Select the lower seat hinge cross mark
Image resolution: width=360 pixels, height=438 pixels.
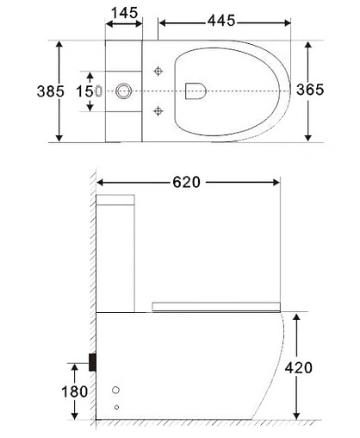(x=158, y=109)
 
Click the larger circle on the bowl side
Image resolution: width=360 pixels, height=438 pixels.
(x=120, y=388)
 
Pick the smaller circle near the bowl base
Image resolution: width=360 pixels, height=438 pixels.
(x=117, y=406)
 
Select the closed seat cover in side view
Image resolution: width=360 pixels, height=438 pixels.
(x=215, y=304)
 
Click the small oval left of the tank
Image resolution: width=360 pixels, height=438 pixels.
(x=99, y=90)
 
